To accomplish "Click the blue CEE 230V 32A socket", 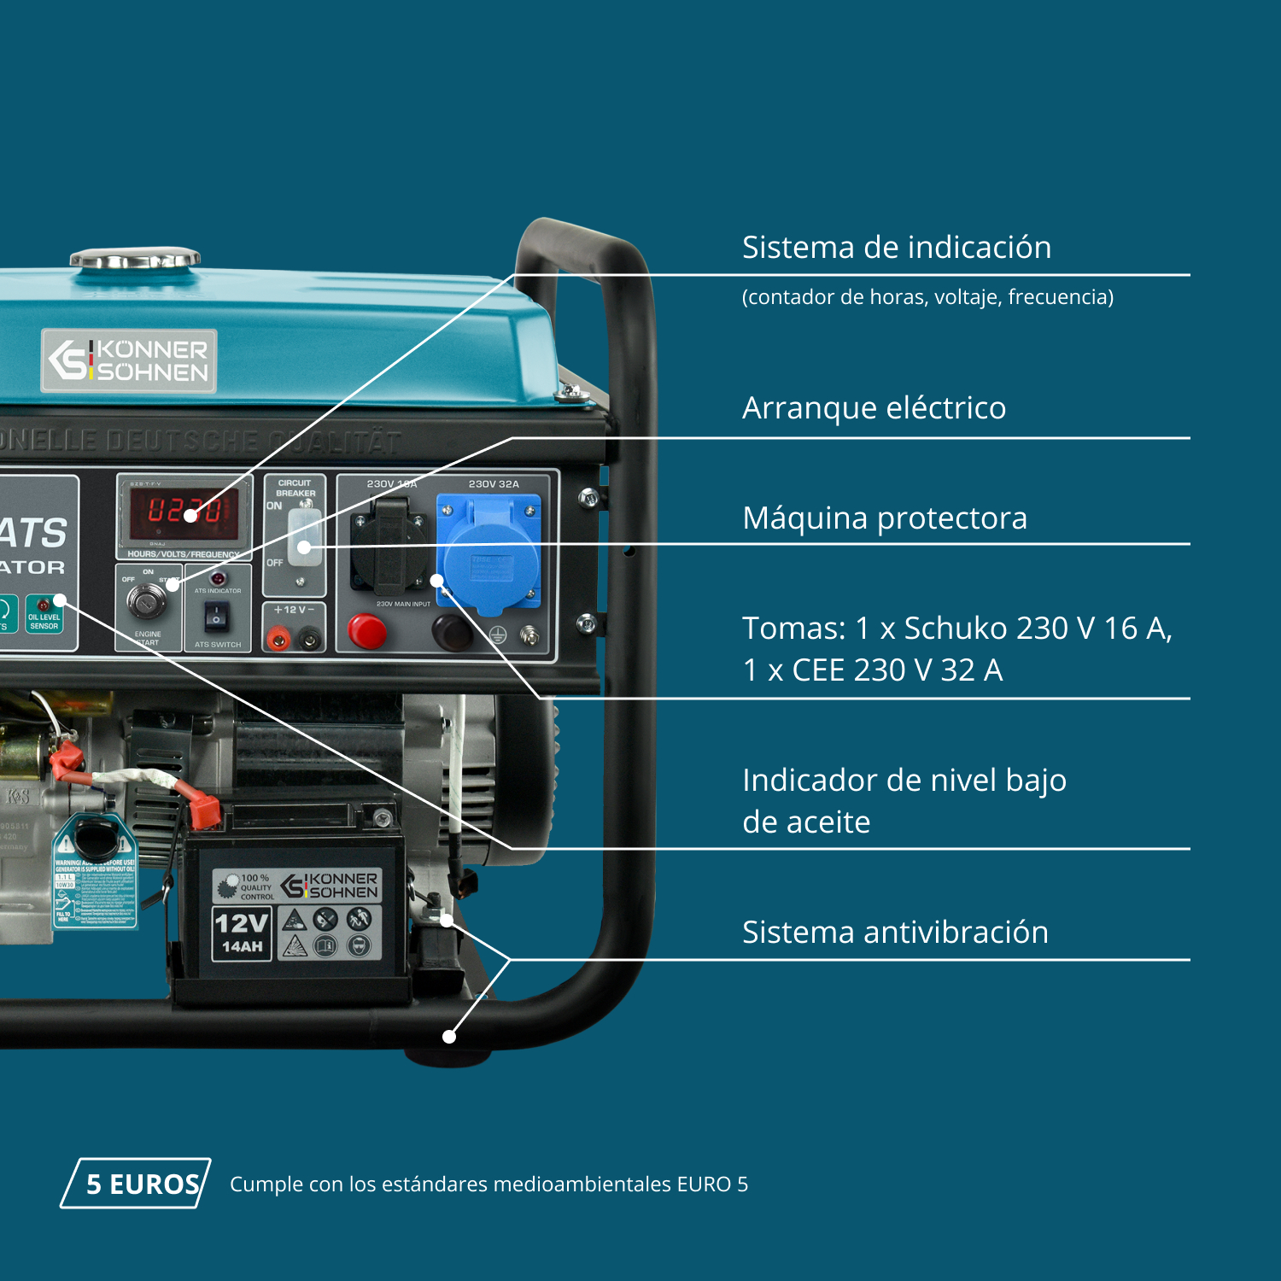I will click(489, 553).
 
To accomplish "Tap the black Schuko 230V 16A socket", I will click(389, 547).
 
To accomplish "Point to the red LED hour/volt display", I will click(184, 512).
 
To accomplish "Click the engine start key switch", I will click(147, 600).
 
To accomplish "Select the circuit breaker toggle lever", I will click(303, 538).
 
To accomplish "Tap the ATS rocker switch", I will click(217, 615).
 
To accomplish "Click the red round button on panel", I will click(367, 632).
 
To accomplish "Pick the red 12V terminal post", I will click(278, 637).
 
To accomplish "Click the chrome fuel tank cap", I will click(135, 258).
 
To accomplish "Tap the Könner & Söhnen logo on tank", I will click(129, 360).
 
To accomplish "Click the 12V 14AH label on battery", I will click(242, 933).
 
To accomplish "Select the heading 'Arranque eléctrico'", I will click(874, 407).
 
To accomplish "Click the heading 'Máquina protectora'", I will click(885, 518).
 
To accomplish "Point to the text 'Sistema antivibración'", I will click(895, 932).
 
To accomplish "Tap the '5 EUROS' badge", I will click(137, 1184).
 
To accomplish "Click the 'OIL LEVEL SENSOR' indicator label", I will click(44, 620).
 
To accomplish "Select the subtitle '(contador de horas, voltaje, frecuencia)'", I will click(927, 296).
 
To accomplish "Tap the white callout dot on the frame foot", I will click(449, 1037).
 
